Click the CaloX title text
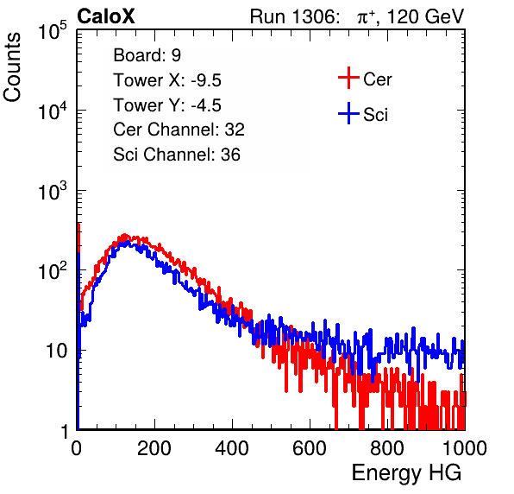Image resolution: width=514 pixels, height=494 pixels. point(106,16)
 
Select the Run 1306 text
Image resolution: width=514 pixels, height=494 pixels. point(294,16)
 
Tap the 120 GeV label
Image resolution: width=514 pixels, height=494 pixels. point(426,16)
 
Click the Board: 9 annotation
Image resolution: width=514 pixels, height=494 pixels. point(147,54)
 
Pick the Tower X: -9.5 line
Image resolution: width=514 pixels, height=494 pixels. point(167,79)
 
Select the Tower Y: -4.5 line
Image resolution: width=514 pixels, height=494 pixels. point(167,104)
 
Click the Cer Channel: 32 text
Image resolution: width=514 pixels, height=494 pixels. point(179,130)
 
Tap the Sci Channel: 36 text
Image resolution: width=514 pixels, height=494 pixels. point(177,155)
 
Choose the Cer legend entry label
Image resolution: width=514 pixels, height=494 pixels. point(377,79)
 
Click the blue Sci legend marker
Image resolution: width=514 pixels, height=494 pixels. point(348,113)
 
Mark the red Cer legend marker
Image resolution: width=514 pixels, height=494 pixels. point(348,78)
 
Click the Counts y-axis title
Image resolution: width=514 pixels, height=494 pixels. point(12,67)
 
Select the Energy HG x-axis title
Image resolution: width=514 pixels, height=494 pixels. point(406,473)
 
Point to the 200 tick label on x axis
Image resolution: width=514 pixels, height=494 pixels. point(154,448)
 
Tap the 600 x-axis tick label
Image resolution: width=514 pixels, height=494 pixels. point(310,448)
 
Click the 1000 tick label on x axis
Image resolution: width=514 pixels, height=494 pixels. point(465,448)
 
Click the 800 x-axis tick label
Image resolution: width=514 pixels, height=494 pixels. point(387,448)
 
